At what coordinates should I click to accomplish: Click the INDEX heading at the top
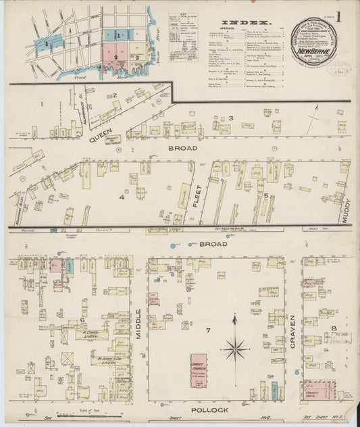point(247,23)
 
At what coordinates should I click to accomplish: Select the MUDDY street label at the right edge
point(347,202)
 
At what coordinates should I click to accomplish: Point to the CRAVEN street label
point(292,331)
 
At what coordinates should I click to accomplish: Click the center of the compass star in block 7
point(235,349)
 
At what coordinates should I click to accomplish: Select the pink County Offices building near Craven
point(319,391)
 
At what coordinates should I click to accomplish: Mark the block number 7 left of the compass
point(209,330)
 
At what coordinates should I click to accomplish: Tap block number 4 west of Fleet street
point(122,197)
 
